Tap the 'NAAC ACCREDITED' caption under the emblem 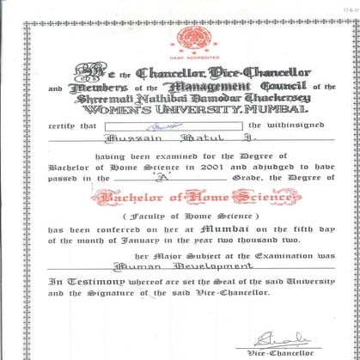coord(186,52)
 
